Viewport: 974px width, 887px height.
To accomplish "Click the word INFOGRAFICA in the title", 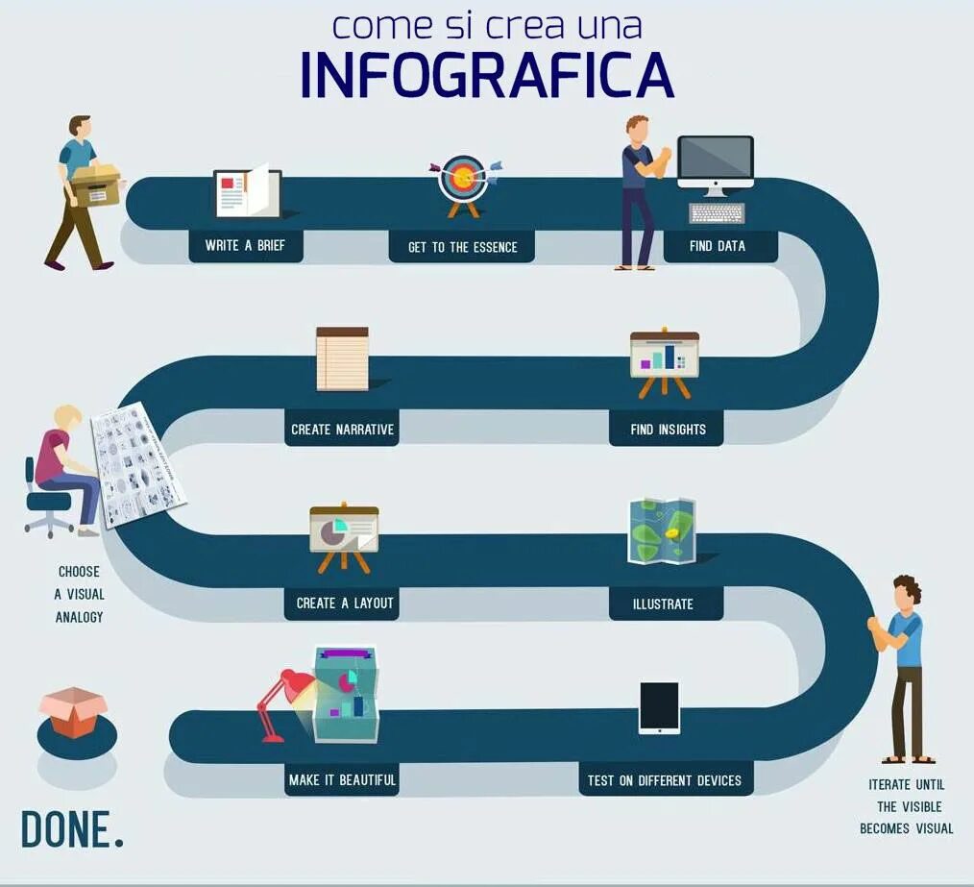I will click(x=487, y=75).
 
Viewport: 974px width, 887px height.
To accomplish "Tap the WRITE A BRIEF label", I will click(x=245, y=245).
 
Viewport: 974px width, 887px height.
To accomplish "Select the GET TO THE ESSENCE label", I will click(x=462, y=247).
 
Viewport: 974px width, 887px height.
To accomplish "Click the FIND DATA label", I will click(x=718, y=245).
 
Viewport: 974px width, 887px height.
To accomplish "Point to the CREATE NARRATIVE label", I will click(x=343, y=429).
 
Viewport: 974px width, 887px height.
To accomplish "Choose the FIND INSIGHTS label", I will click(x=668, y=429).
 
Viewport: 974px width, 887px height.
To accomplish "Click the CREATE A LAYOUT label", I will click(x=345, y=603).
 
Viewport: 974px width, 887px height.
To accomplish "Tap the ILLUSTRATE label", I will click(x=663, y=604).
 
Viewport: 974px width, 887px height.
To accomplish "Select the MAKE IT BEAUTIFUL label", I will click(x=342, y=779).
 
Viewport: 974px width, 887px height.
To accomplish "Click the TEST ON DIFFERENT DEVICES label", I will click(x=665, y=779).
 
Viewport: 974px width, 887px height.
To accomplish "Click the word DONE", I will click(x=72, y=829).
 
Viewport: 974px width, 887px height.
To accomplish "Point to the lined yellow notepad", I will click(x=342, y=359).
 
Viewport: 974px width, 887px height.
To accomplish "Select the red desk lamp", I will click(x=282, y=702).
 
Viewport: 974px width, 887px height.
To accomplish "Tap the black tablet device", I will click(x=659, y=707).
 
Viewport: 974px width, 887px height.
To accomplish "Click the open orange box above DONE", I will click(x=73, y=712).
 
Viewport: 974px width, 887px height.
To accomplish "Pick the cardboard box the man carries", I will click(x=96, y=185).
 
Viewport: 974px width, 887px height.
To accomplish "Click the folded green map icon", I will click(x=661, y=530).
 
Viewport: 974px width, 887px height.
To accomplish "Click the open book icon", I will click(x=248, y=192).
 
